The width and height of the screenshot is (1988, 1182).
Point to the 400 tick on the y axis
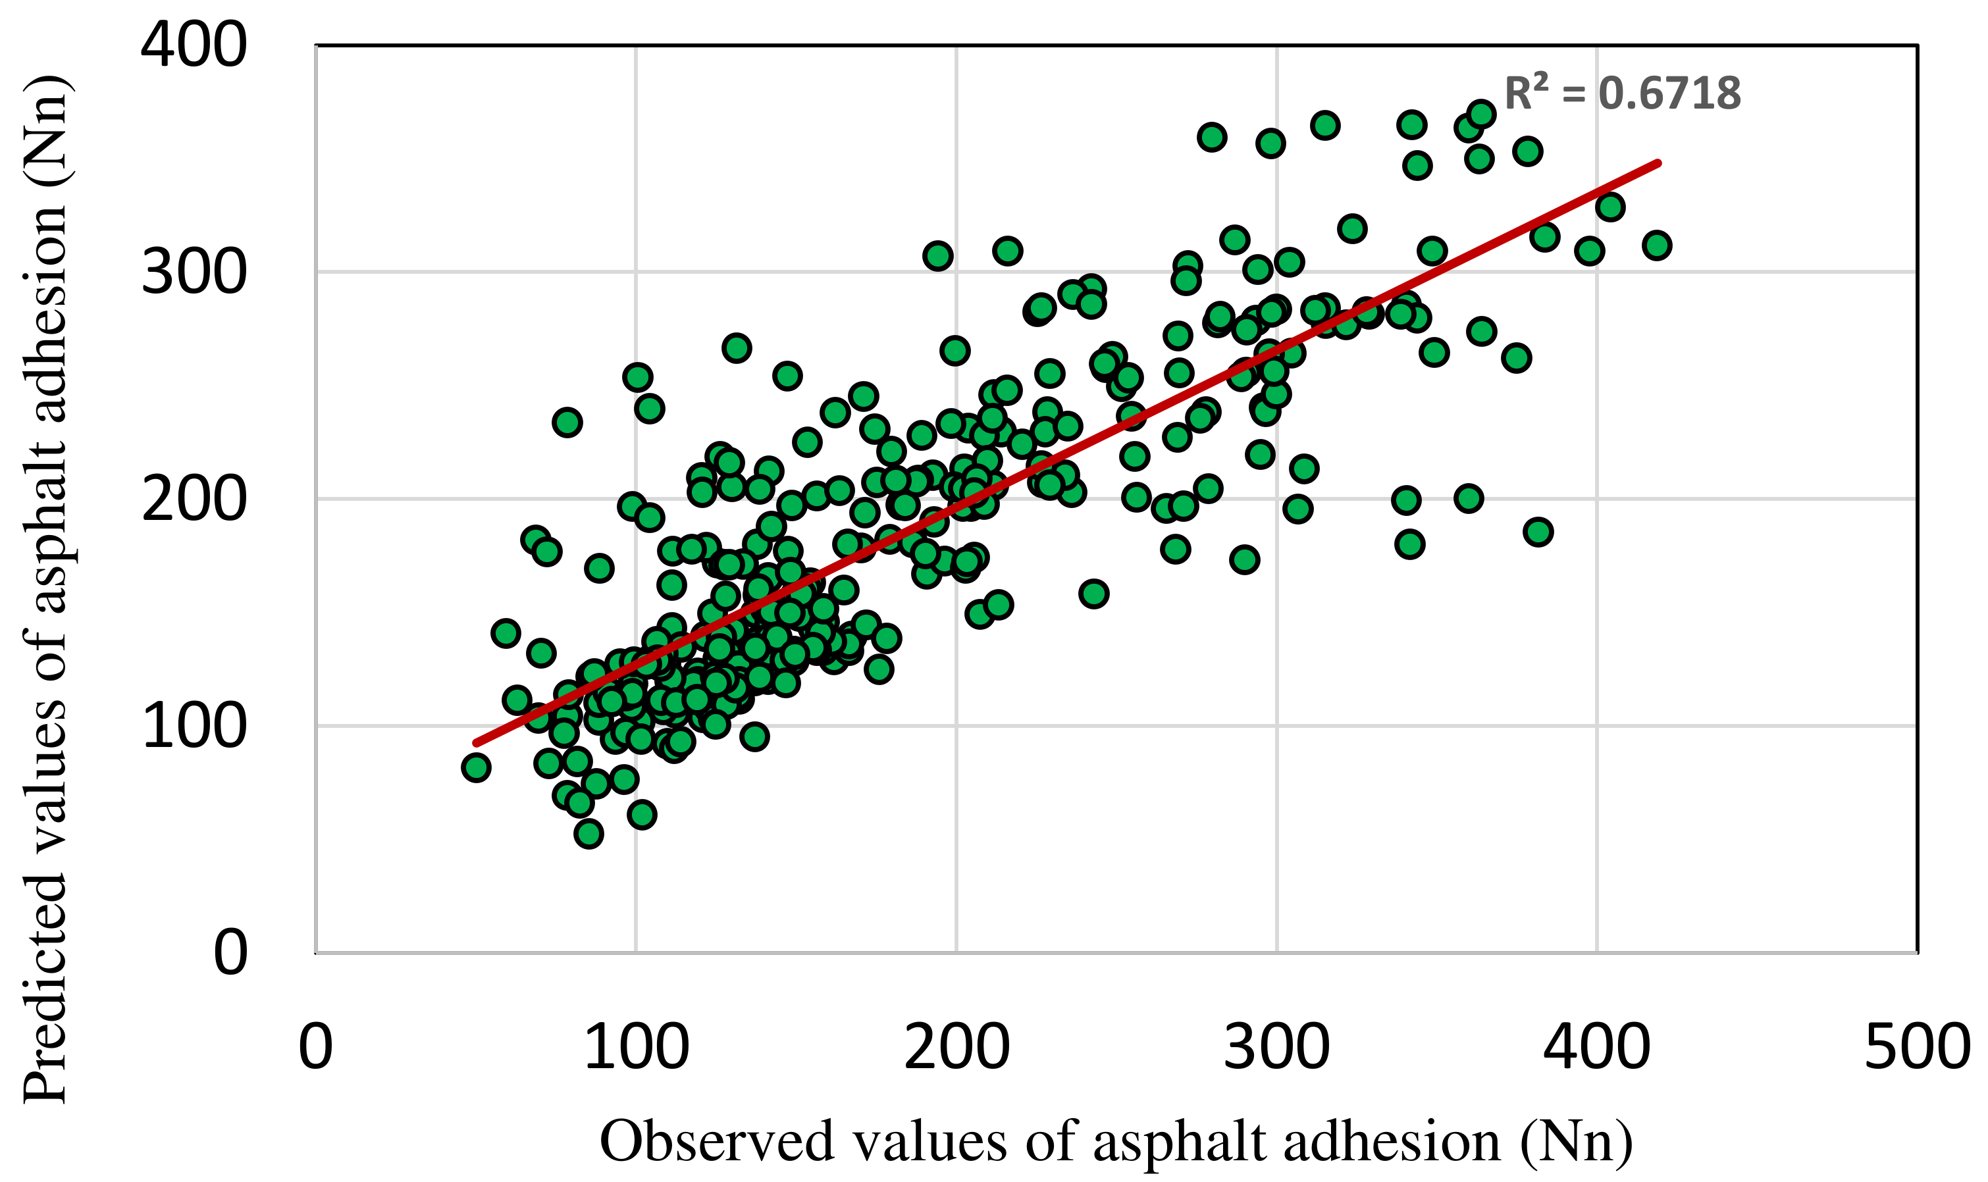pos(194,45)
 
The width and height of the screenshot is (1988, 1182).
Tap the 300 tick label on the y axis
pos(194,273)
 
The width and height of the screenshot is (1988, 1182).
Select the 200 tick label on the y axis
pos(194,500)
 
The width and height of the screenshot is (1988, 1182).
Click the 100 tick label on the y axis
pos(194,727)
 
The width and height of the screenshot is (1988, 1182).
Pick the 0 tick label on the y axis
pos(230,952)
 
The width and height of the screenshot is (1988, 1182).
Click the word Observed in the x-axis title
pos(716,1141)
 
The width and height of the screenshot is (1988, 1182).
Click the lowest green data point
pos(589,834)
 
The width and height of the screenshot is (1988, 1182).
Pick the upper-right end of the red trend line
pos(1658,163)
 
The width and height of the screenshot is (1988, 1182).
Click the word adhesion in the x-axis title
pos(1393,1141)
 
